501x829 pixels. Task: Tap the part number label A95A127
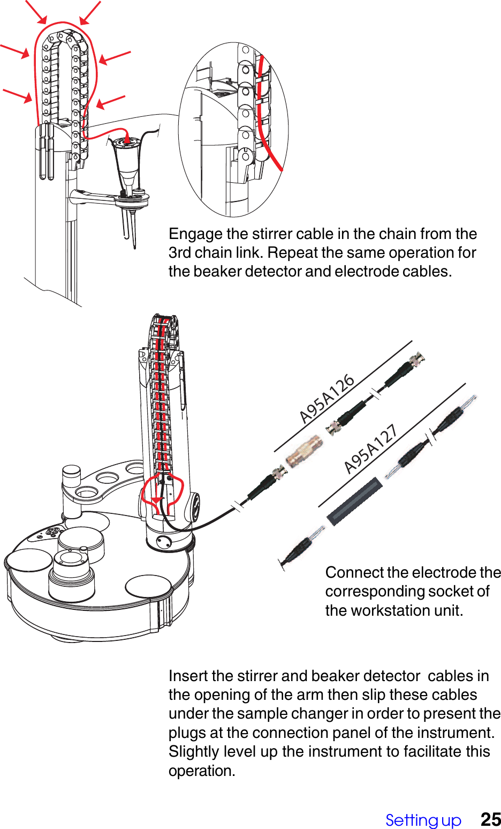370,449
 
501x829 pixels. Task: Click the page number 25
490,819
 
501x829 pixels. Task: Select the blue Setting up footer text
423,820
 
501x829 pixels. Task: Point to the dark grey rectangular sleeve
355,502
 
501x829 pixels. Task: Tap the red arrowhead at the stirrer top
126,140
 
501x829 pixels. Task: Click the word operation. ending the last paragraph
202,771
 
